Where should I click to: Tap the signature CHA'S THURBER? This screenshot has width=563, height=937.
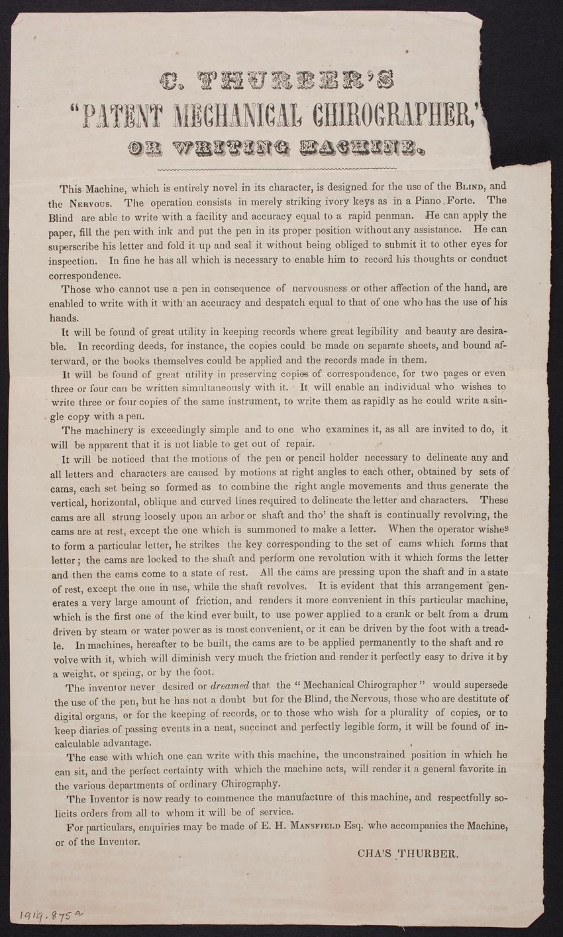[x=406, y=854]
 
